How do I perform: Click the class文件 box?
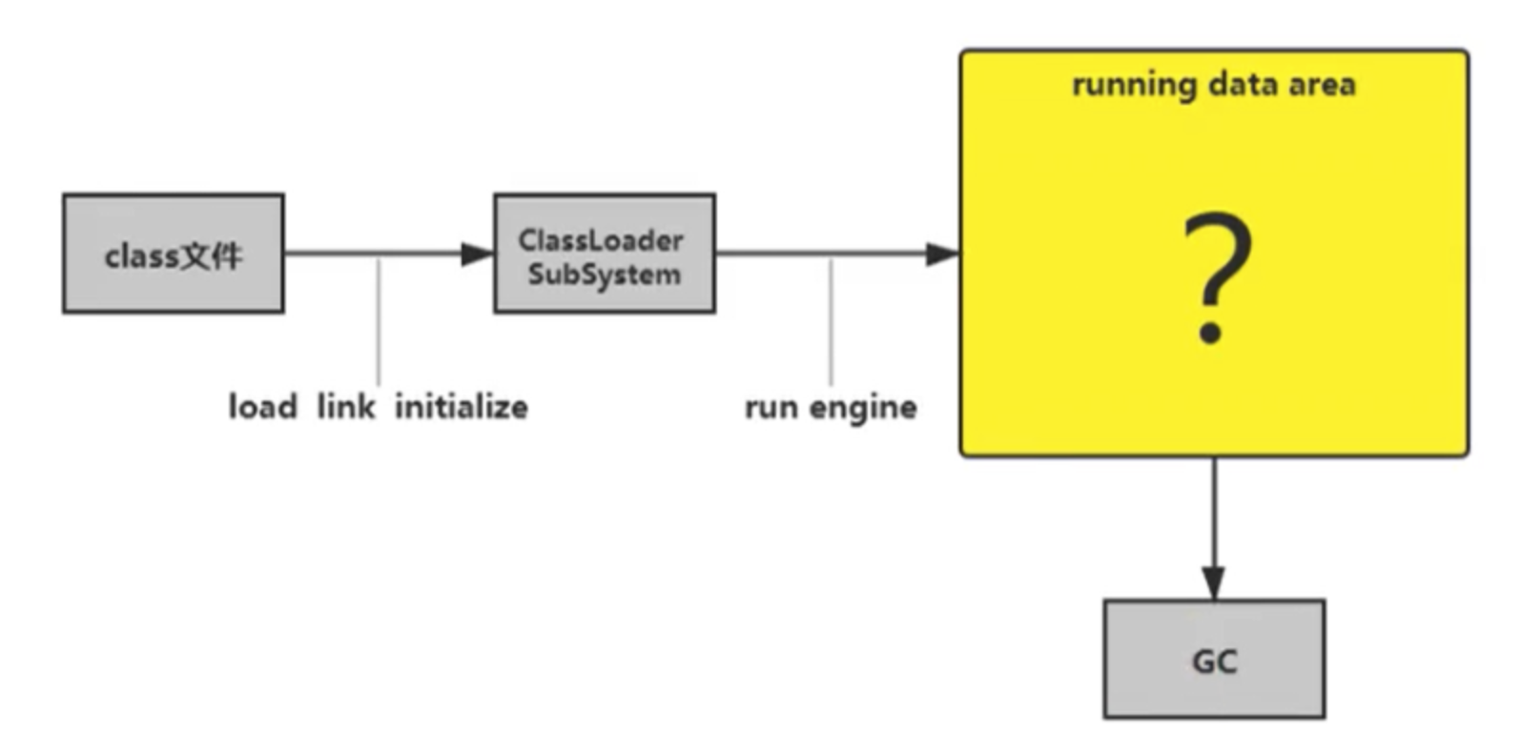(173, 254)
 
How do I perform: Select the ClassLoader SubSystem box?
(604, 254)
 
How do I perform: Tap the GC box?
(1214, 659)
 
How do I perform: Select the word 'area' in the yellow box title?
(1322, 85)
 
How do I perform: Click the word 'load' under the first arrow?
(263, 407)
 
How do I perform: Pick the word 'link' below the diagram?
(345, 407)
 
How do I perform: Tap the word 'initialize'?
(462, 407)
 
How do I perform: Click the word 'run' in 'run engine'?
(771, 408)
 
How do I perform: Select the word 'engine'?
(863, 408)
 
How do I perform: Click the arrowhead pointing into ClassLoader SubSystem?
(477, 254)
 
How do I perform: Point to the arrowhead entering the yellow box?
(942, 254)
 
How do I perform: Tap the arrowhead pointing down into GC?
(1214, 581)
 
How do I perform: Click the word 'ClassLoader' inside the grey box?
(601, 240)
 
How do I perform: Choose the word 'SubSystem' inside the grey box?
(604, 275)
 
